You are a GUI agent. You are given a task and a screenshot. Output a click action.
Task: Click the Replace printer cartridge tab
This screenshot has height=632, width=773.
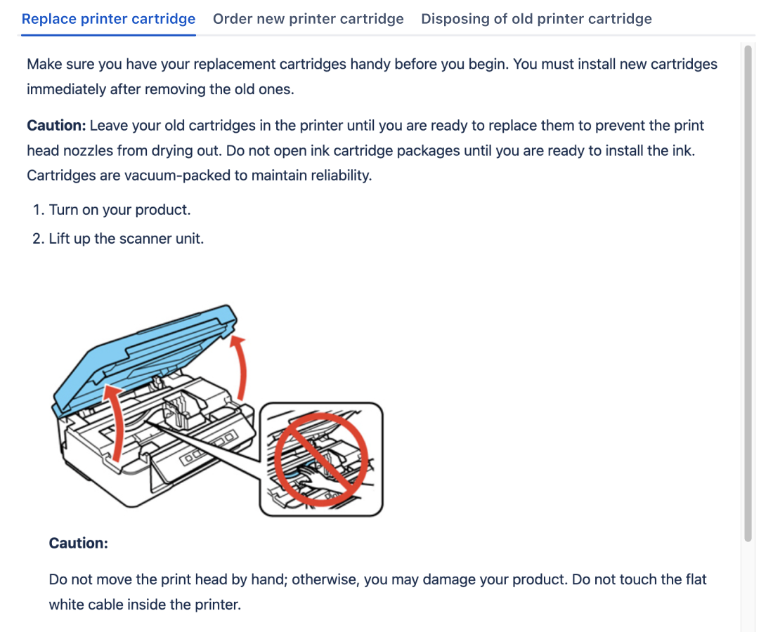click(x=108, y=19)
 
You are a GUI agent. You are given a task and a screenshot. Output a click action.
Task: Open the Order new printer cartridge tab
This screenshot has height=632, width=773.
click(x=308, y=19)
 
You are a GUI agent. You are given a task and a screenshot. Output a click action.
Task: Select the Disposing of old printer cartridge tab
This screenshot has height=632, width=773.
click(x=536, y=19)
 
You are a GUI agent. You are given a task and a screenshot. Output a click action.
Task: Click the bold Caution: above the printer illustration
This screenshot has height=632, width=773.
click(x=56, y=126)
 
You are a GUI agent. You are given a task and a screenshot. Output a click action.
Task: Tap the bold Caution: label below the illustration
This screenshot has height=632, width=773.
click(x=78, y=543)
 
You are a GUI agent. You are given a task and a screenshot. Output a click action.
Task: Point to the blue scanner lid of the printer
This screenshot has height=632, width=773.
click(x=141, y=351)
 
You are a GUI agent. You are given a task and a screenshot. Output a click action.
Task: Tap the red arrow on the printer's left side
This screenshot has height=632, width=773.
click(x=112, y=421)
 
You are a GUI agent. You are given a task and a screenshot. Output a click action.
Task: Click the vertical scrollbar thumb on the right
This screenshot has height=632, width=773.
click(x=748, y=291)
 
